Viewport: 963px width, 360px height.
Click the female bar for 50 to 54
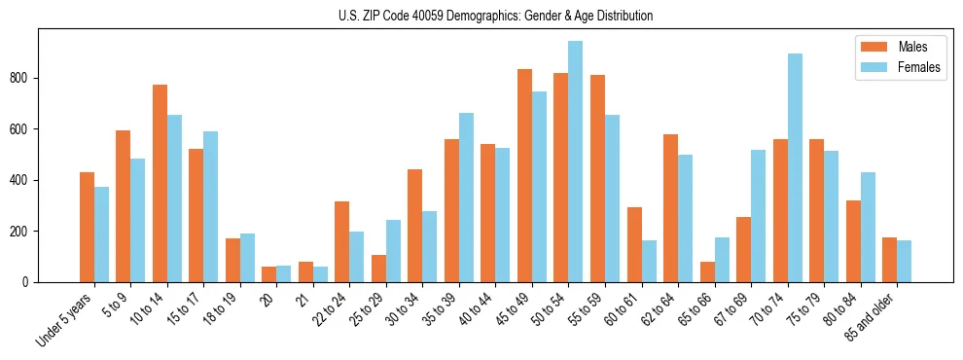tap(575, 162)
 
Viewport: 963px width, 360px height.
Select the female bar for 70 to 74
tap(795, 167)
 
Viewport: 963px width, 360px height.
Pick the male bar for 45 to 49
tap(524, 175)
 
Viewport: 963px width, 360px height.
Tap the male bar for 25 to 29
tap(378, 269)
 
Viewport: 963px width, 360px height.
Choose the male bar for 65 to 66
tap(707, 271)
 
